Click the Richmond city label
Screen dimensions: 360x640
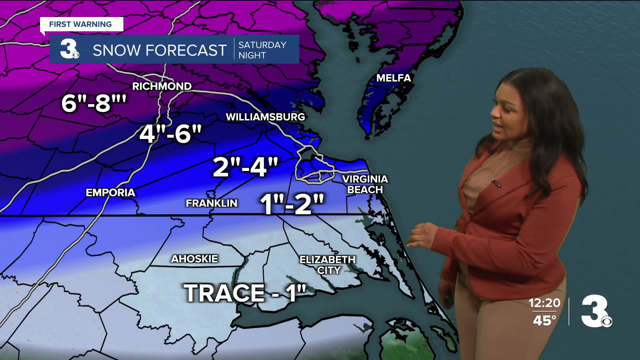coord(162,86)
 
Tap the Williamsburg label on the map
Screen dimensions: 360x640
coord(265,117)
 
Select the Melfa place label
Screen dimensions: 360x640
coord(393,78)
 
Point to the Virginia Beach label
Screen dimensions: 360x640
coord(365,184)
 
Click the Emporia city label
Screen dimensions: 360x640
coord(110,193)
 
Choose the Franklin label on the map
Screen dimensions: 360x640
coord(211,203)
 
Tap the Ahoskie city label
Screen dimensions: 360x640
coord(194,259)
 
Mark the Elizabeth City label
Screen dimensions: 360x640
coord(327,265)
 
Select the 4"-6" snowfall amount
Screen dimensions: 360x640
coord(170,134)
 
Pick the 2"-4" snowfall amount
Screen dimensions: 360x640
coord(245,167)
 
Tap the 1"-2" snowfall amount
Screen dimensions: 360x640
coord(292,204)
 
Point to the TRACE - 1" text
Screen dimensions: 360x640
coord(245,293)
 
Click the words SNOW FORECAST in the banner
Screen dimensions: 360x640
coord(159,50)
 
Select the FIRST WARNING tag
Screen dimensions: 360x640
coord(81,24)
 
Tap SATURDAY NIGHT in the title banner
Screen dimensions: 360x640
coord(262,50)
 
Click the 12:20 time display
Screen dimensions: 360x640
coord(544,303)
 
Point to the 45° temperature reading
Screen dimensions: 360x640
coord(544,320)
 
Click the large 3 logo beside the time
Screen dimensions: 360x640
coord(596,312)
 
